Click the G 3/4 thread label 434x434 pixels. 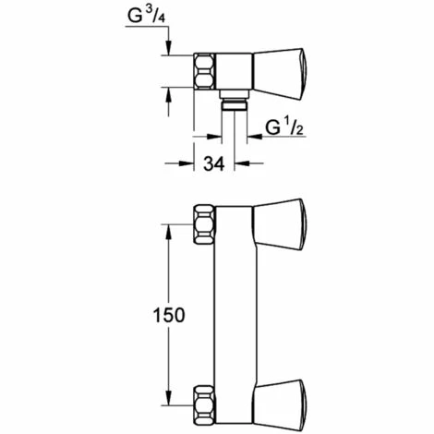coord(147,16)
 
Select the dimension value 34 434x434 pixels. coord(214,163)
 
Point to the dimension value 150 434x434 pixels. coord(169,315)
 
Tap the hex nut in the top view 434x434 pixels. coord(204,71)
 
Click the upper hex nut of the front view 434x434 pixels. coord(204,224)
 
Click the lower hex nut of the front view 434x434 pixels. coord(204,405)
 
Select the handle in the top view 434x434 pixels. coord(280,74)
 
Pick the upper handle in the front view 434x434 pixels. coord(280,224)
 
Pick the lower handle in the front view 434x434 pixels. coord(280,404)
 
